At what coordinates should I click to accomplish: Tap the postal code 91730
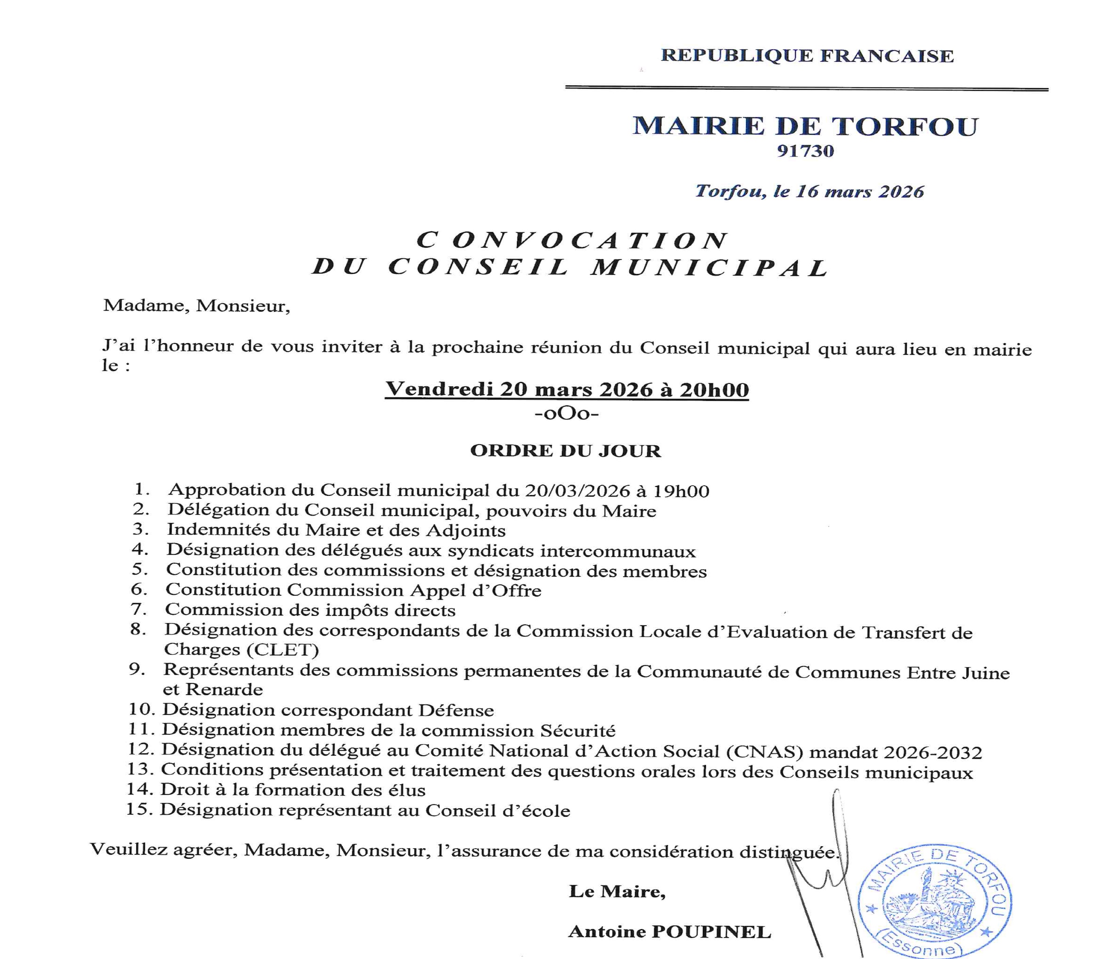[x=805, y=151]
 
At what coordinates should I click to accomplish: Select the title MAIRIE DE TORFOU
[x=805, y=126]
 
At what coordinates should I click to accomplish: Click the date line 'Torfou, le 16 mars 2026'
[x=809, y=192]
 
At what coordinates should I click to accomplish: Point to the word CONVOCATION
[x=572, y=241]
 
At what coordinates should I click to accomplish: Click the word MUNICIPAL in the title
[x=710, y=268]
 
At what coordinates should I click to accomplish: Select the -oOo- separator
[x=567, y=414]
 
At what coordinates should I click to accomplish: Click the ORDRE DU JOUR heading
[x=566, y=451]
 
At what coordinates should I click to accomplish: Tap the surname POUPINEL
[x=711, y=932]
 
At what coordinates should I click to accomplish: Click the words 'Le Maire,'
[x=617, y=891]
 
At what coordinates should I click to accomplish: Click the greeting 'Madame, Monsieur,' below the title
[x=196, y=306]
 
